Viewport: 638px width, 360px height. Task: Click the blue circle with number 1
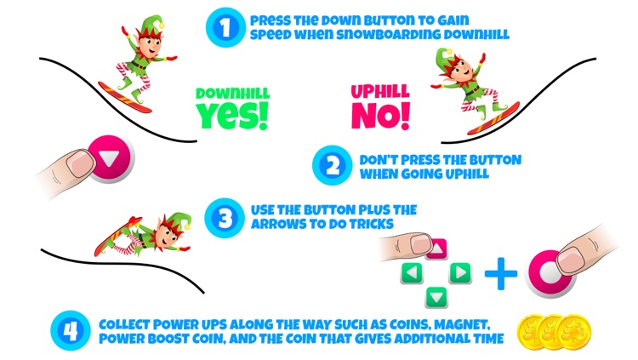225,27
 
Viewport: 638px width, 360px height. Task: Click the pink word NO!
380,114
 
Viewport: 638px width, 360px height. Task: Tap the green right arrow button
460,271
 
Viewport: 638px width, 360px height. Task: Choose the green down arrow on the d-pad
436,295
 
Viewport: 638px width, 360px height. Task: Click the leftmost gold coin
533,329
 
